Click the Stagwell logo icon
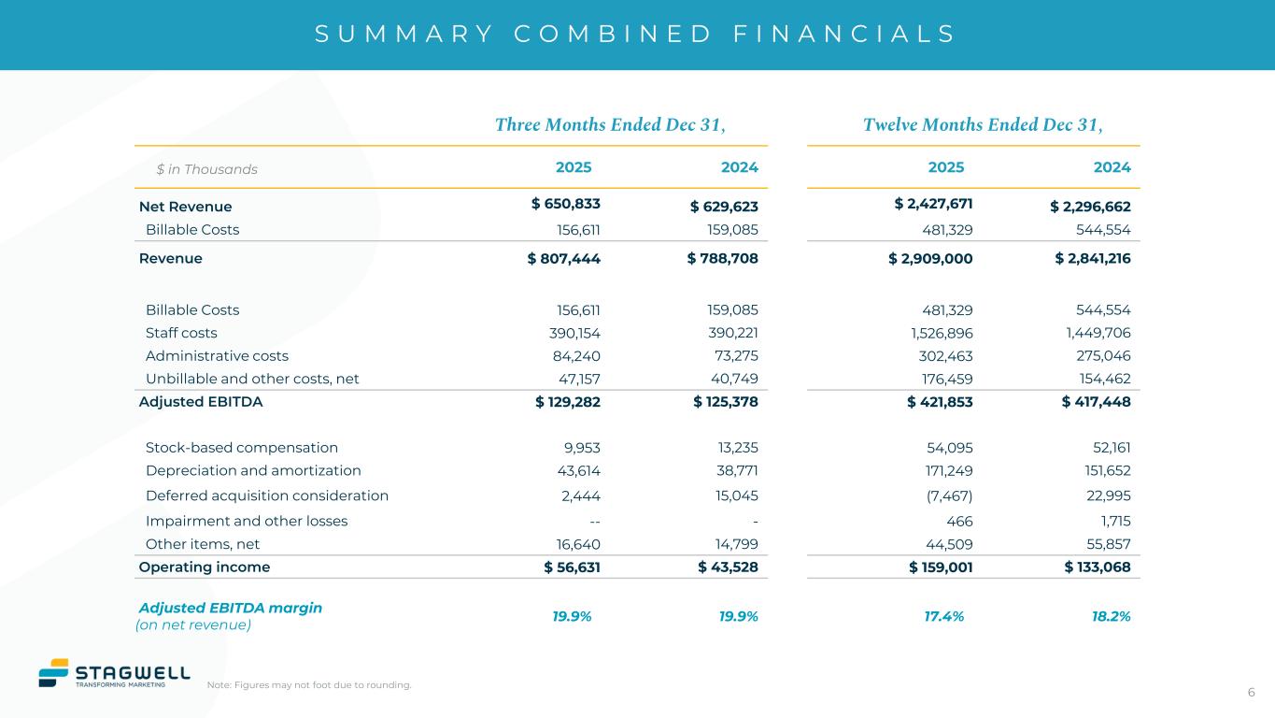point(54,673)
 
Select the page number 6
point(1251,692)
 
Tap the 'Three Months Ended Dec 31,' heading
point(610,124)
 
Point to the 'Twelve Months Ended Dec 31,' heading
point(983,124)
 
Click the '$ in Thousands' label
point(206,169)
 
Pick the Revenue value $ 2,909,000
point(930,258)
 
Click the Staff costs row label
point(181,333)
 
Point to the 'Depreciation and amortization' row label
point(253,470)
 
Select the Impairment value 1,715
point(1112,521)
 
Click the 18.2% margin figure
point(1112,616)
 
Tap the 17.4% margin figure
point(943,616)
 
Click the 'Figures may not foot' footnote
point(309,685)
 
